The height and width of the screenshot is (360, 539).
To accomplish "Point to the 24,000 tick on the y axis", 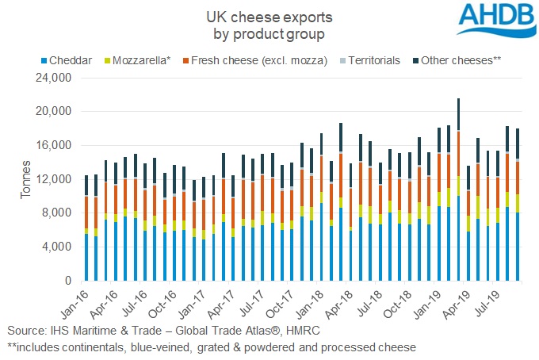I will (x=54, y=78).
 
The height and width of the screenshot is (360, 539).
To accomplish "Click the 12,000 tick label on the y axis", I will (x=54, y=179).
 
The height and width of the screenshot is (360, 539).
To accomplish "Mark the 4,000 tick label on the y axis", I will (x=57, y=247).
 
